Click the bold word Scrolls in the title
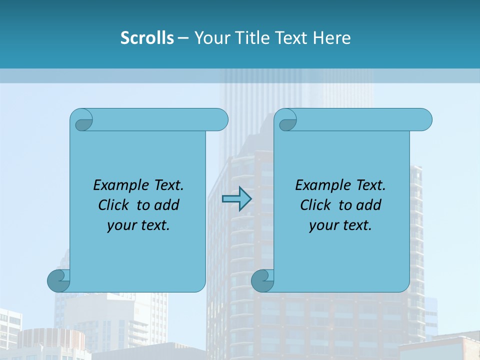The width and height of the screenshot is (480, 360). point(147,38)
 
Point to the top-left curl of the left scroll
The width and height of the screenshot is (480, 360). point(82,120)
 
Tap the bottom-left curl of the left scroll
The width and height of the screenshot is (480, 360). point(58,280)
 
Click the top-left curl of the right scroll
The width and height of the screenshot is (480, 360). point(286,120)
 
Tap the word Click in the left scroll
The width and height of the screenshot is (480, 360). point(114,205)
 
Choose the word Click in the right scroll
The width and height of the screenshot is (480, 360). point(315,205)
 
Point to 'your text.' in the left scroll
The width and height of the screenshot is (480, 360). point(138,225)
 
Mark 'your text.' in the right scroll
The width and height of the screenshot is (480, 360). point(340,225)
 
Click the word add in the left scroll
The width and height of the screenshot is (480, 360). point(166,205)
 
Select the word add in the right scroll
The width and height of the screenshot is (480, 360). point(368,205)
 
